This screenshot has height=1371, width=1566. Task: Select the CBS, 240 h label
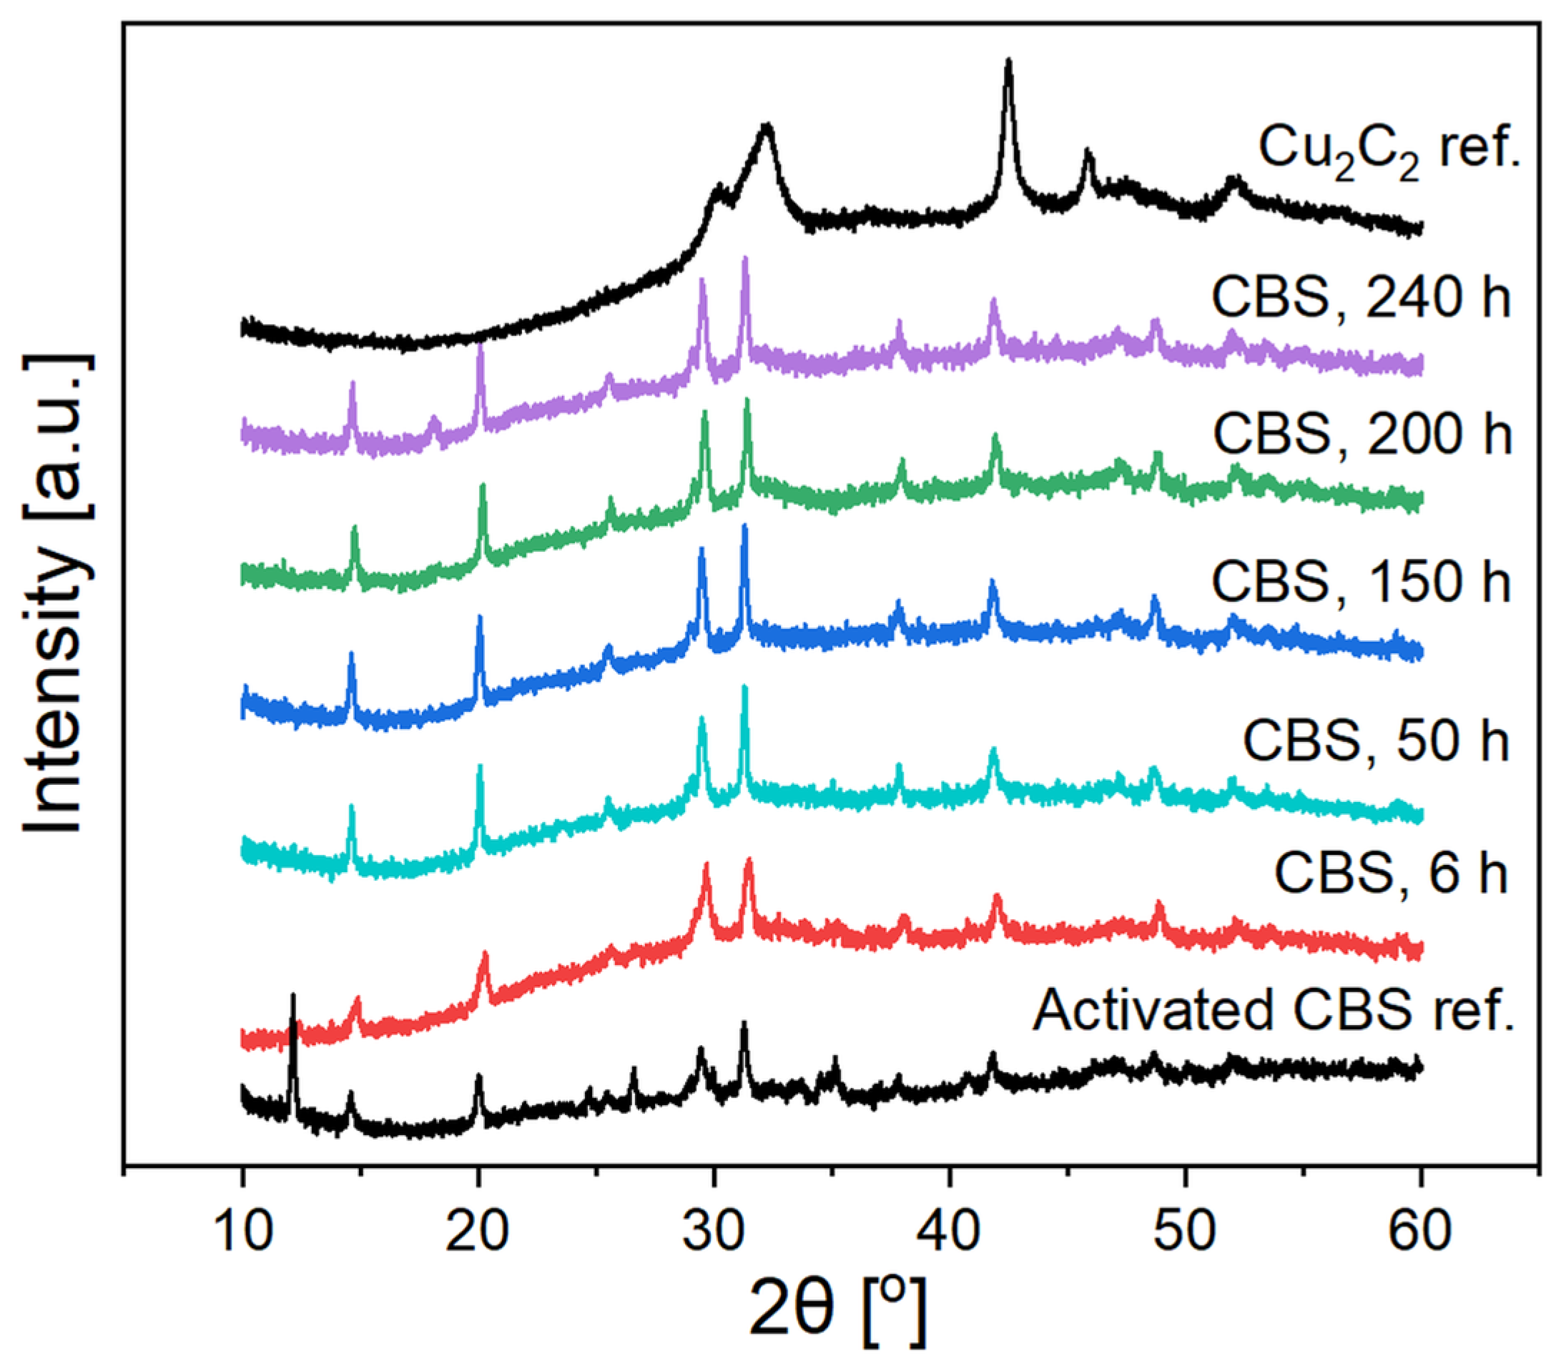tap(1361, 297)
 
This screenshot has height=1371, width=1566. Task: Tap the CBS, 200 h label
tap(1361, 435)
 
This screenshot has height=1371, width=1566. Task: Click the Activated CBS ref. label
tap(1274, 1011)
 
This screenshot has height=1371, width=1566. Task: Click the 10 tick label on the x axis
tap(242, 1232)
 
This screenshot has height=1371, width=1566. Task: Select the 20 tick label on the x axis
tap(478, 1232)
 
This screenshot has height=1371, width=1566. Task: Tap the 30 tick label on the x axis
tap(714, 1232)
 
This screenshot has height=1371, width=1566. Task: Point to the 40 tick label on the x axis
tap(949, 1232)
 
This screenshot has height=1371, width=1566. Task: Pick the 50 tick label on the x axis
tap(1185, 1232)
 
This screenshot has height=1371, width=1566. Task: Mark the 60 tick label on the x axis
tap(1421, 1232)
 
